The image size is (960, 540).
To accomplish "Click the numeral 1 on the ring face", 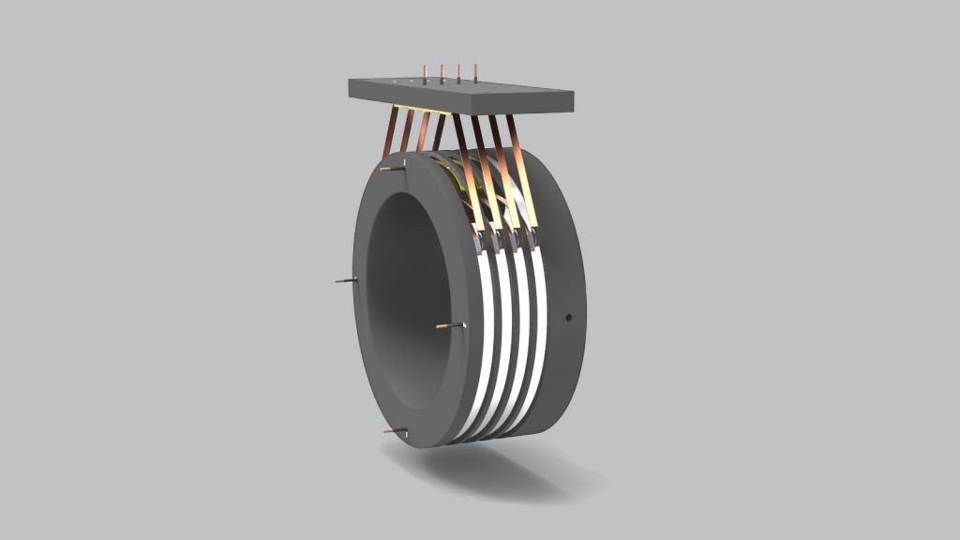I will (x=404, y=163).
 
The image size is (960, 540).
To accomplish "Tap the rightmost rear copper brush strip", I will (x=439, y=132).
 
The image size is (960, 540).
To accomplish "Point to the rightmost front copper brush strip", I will (x=522, y=169).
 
